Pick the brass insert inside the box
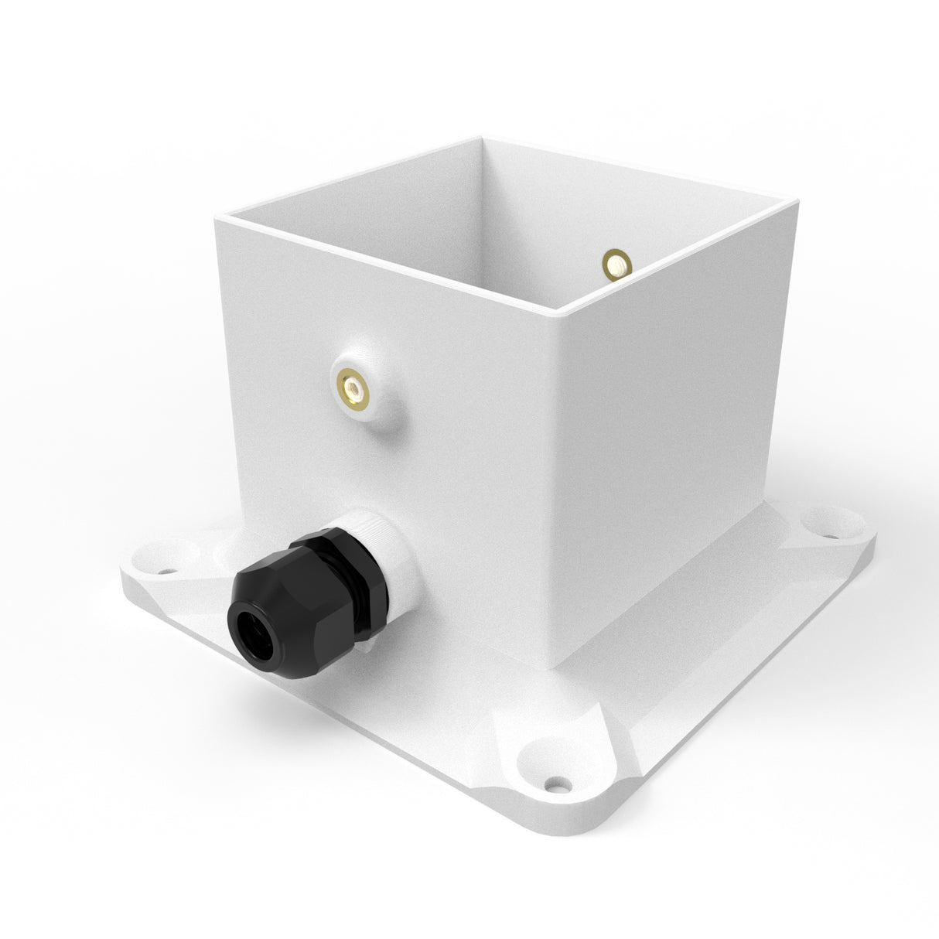pos(616,264)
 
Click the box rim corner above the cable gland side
pos(216,219)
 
